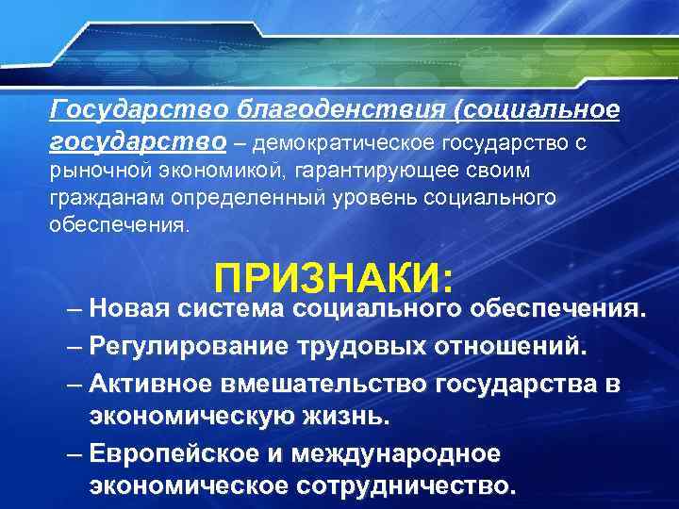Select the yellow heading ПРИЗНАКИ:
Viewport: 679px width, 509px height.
tap(335, 280)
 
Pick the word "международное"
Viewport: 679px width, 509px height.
tap(395, 453)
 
